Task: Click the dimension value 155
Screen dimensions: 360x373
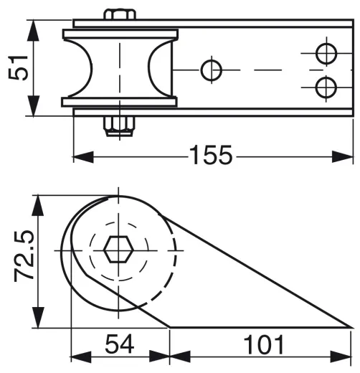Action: (x=211, y=155)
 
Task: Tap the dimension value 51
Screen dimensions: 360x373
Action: (x=19, y=67)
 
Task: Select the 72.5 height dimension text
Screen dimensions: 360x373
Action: (x=24, y=256)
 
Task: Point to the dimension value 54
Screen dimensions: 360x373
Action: (x=120, y=344)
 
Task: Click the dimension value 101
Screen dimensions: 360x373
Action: (x=264, y=344)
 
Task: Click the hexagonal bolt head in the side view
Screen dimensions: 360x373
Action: (x=118, y=250)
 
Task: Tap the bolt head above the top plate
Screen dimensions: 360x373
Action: (x=120, y=14)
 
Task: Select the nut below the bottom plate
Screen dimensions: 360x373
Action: (x=119, y=126)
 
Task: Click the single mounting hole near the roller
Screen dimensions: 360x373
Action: (x=212, y=70)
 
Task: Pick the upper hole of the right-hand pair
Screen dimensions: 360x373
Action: (x=326, y=54)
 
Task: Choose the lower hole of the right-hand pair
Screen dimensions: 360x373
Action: (x=326, y=88)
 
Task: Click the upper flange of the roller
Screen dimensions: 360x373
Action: (x=120, y=34)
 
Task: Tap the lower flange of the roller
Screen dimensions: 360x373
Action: (x=119, y=102)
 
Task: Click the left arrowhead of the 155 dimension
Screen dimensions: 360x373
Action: (x=82, y=157)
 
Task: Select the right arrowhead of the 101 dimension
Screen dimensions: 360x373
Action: (x=341, y=357)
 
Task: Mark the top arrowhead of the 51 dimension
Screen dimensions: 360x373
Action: (x=33, y=31)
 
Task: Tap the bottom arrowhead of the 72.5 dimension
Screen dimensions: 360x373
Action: (x=38, y=318)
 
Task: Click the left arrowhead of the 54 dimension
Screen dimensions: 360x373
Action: (x=81, y=357)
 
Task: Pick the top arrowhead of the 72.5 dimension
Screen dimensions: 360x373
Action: (x=38, y=206)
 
